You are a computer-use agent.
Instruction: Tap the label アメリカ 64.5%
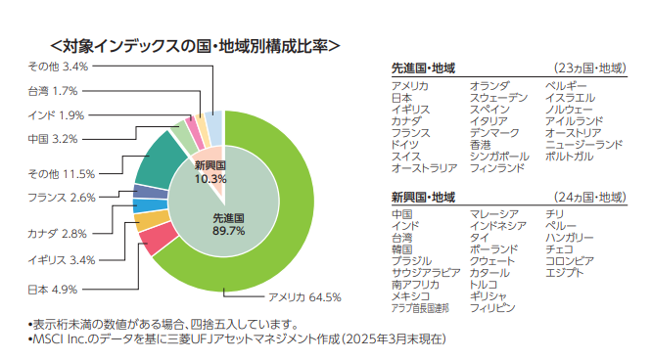point(303,296)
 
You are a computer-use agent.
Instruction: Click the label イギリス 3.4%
point(61,259)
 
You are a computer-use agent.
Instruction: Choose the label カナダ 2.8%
point(58,234)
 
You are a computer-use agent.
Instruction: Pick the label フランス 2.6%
point(61,198)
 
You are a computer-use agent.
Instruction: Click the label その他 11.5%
point(61,174)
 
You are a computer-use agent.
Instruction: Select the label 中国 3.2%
point(52,139)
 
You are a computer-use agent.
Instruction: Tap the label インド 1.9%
point(56,115)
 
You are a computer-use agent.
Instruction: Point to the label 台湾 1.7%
point(52,91)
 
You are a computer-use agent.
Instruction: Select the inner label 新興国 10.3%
point(210,172)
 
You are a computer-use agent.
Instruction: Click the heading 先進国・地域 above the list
point(422,67)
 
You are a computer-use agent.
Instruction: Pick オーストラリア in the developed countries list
point(424,168)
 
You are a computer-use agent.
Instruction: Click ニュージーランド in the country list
point(583,145)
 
